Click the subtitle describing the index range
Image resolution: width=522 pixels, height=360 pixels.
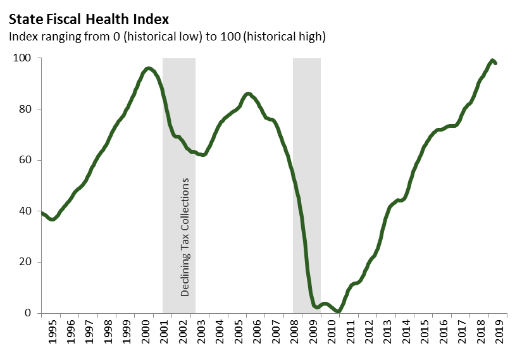pyautogui.click(x=166, y=37)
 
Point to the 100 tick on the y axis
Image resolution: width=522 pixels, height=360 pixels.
pyautogui.click(x=24, y=58)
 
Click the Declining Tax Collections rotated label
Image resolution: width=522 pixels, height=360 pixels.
pyautogui.click(x=185, y=237)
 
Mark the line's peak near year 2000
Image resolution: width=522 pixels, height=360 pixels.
pyautogui.click(x=148, y=68)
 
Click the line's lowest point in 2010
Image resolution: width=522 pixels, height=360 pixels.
pyautogui.click(x=339, y=311)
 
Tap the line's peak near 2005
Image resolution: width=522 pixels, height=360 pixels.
pyautogui.click(x=247, y=93)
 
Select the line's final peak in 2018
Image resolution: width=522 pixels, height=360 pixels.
pyautogui.click(x=492, y=60)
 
